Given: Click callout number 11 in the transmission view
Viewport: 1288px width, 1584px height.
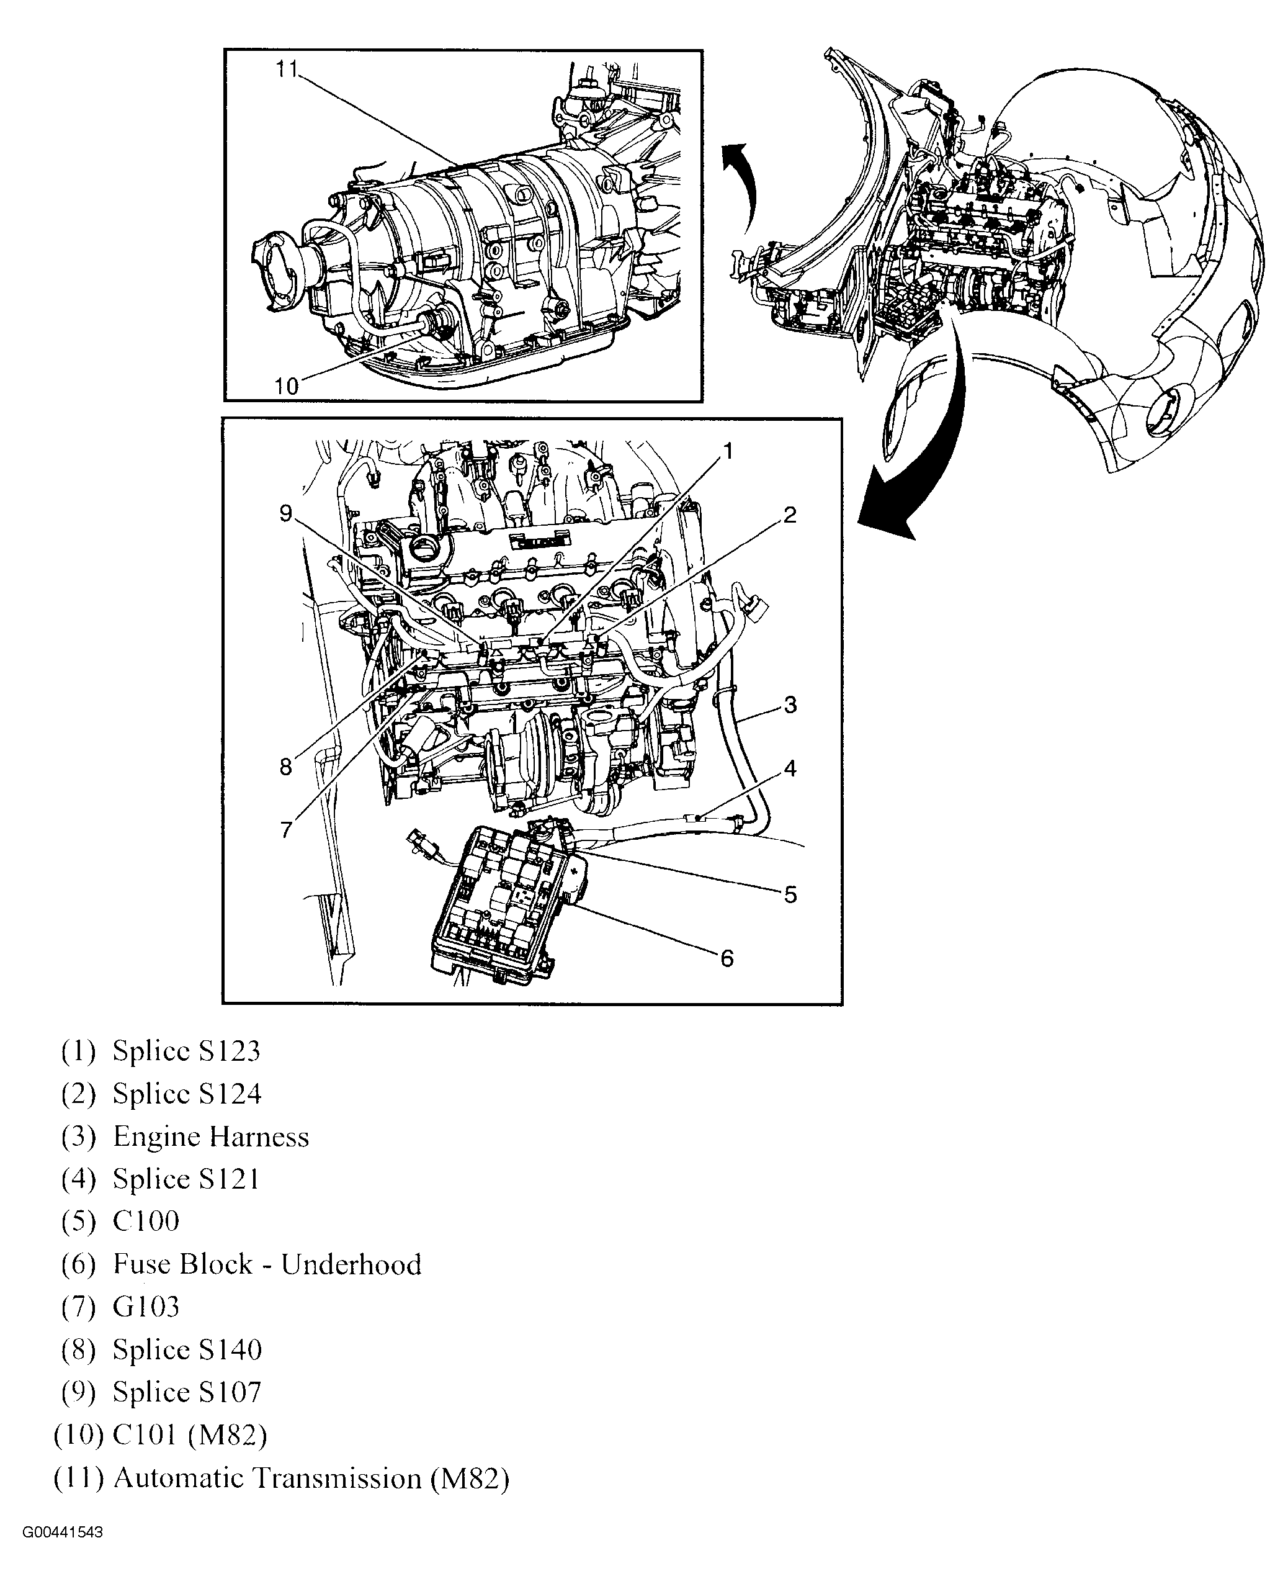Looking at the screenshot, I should (287, 69).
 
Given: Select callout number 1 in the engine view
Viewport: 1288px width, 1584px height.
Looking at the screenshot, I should (728, 451).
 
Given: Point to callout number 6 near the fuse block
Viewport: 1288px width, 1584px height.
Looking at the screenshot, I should (727, 958).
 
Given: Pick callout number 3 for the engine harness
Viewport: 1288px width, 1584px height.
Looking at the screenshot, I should (790, 704).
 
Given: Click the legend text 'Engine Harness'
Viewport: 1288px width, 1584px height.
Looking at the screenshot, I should (211, 1136).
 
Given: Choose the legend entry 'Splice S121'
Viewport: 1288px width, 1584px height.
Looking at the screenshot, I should (186, 1179).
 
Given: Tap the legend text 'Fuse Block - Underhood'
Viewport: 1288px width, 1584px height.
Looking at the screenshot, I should (267, 1264).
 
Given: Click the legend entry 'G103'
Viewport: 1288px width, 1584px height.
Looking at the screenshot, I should (146, 1307).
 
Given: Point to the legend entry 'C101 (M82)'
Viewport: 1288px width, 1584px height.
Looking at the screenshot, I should (190, 1435).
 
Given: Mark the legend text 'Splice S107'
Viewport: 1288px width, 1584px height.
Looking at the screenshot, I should (187, 1392).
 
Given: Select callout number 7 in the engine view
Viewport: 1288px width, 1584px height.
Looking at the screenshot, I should (287, 830).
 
